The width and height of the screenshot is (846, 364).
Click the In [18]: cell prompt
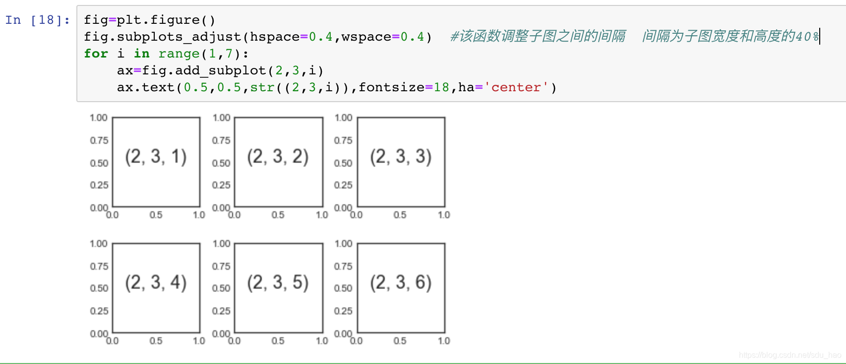(38, 20)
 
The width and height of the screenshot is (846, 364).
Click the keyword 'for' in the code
(96, 54)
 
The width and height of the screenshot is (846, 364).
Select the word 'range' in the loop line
(179, 54)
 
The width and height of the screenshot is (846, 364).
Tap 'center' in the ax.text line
(516, 87)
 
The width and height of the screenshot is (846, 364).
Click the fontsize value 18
(441, 87)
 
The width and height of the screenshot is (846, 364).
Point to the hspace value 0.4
(320, 37)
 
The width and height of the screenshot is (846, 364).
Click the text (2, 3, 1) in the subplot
(156, 157)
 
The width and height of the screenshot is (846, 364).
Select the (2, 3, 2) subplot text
(278, 157)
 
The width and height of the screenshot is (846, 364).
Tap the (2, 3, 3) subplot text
(401, 157)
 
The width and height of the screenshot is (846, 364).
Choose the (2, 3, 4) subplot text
(156, 283)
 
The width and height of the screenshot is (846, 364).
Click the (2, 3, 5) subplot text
(278, 283)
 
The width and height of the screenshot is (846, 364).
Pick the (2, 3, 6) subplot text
(401, 283)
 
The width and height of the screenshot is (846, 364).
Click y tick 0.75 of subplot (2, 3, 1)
(99, 140)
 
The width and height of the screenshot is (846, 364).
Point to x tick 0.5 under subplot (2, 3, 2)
(278, 215)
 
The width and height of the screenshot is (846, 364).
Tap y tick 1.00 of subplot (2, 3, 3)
(343, 118)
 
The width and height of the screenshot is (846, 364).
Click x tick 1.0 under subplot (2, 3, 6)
(444, 341)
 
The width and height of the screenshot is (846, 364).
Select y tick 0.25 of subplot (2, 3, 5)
(221, 311)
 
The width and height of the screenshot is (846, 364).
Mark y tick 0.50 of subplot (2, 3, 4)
(99, 288)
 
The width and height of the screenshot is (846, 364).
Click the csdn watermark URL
(789, 355)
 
